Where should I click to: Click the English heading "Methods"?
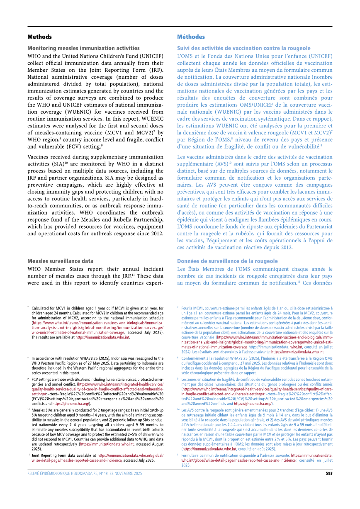click(39, 37)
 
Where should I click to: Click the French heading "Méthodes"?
click(191, 37)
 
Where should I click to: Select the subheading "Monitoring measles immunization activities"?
click(83, 48)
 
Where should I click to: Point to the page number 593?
click(328, 473)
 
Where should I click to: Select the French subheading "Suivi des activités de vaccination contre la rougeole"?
click(244, 48)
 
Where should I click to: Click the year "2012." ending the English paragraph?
click(156, 233)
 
